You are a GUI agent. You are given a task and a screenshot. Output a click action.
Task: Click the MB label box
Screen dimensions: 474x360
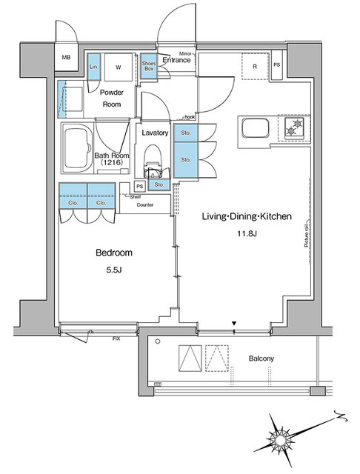click(x=66, y=58)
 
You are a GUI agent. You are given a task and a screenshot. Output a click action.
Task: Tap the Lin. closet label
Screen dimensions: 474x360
click(x=94, y=67)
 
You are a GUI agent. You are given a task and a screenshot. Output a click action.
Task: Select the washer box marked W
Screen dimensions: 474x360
click(x=118, y=67)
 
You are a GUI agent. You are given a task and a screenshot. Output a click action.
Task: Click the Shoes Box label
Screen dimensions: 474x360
click(x=149, y=66)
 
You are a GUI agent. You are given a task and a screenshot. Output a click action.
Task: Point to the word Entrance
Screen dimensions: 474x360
click(x=177, y=60)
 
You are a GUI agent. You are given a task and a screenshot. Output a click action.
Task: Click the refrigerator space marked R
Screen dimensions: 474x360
click(x=254, y=67)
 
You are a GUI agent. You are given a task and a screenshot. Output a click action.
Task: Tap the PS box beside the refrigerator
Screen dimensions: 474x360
click(x=276, y=65)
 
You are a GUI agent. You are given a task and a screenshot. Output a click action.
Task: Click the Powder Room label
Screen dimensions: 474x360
click(x=111, y=99)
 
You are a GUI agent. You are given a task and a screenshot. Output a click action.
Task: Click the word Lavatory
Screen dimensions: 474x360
click(x=156, y=133)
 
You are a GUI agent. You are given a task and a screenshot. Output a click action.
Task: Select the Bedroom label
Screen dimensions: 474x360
click(x=113, y=253)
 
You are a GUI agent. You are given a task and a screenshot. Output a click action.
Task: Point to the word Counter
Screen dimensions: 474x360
click(x=144, y=204)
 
